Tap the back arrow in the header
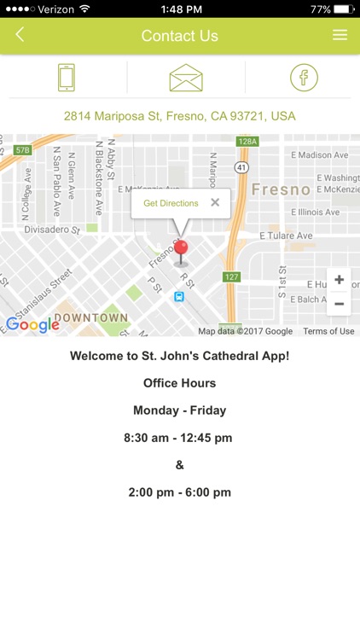click(20, 35)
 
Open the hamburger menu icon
click(340, 35)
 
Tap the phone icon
click(67, 78)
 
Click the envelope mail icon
click(186, 78)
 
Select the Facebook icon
click(303, 78)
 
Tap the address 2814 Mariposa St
click(180, 116)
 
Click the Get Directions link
click(171, 203)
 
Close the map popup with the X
click(215, 202)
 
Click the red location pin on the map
click(181, 251)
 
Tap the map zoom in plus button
click(339, 280)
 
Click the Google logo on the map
click(32, 324)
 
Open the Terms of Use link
click(328, 331)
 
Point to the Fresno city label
click(281, 189)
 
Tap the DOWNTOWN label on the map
click(91, 317)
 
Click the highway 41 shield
click(241, 168)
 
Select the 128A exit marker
click(247, 142)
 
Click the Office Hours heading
click(180, 383)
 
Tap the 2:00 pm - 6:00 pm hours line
click(180, 492)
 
